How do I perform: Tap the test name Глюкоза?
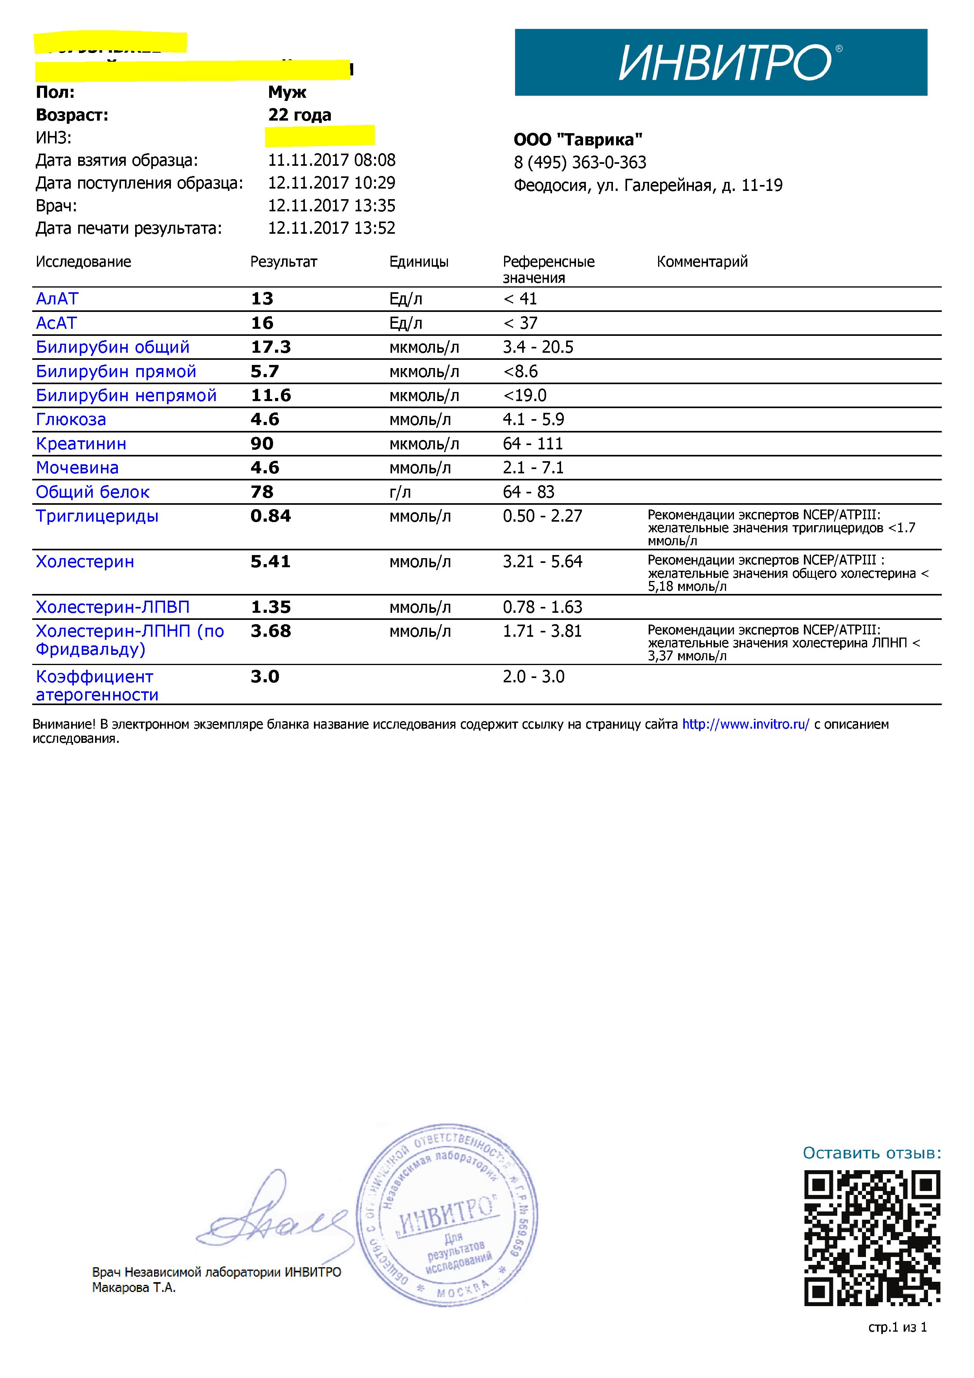point(71,420)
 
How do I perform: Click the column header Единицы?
point(419,262)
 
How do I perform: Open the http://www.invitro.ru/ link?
point(745,724)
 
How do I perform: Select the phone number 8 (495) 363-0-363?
point(580,163)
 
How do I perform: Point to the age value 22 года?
point(299,115)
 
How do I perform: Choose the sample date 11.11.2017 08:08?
point(331,160)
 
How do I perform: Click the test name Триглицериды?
point(97,516)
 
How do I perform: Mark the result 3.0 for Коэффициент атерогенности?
point(265,677)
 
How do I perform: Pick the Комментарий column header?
point(702,262)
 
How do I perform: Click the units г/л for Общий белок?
point(400,492)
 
